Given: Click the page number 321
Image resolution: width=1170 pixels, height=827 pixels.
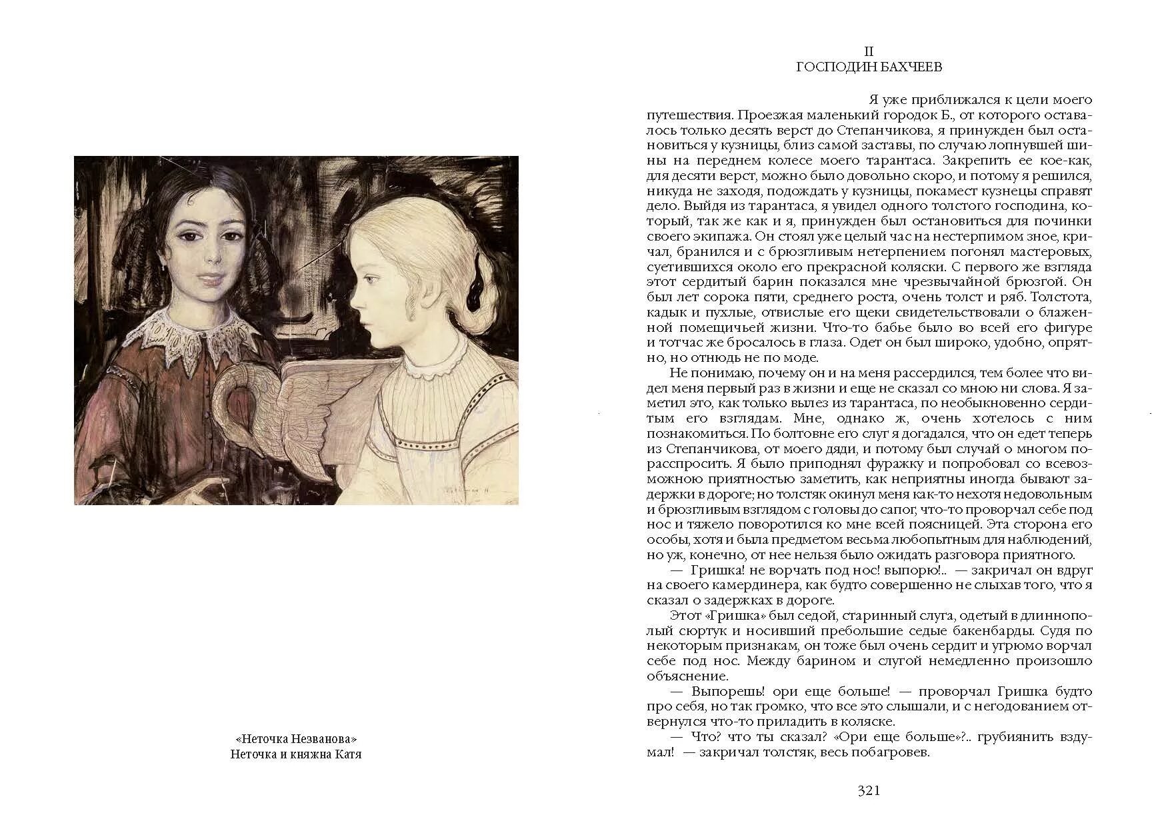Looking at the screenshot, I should click(869, 791).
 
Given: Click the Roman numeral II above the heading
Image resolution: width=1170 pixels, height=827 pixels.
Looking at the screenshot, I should click(869, 51).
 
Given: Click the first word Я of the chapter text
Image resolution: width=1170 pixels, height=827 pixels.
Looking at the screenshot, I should click(874, 100).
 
